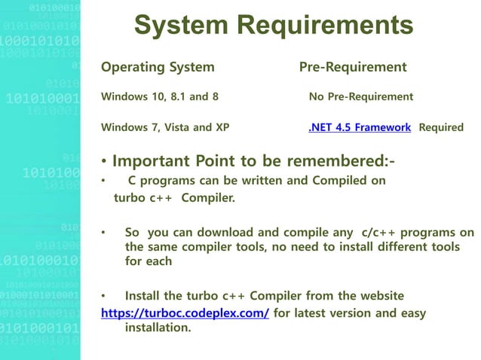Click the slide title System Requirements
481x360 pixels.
273,26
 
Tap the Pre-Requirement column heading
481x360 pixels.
353,68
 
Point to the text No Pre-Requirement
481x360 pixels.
360,97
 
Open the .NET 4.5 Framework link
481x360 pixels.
360,127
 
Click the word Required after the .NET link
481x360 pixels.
441,127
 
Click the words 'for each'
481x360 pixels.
149,261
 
